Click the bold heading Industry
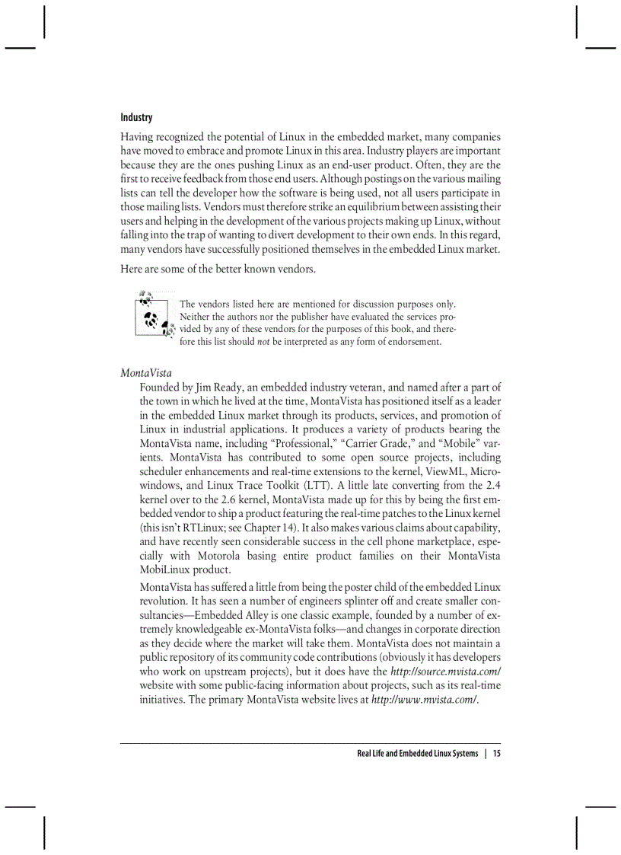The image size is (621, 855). pos(136,117)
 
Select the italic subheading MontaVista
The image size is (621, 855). pos(146,373)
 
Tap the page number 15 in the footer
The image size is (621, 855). pos(496,754)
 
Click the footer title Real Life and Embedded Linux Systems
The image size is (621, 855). pos(417,754)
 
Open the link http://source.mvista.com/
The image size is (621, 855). pos(445,672)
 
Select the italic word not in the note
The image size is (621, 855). pos(263,342)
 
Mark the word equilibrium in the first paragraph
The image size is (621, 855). pos(367,206)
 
